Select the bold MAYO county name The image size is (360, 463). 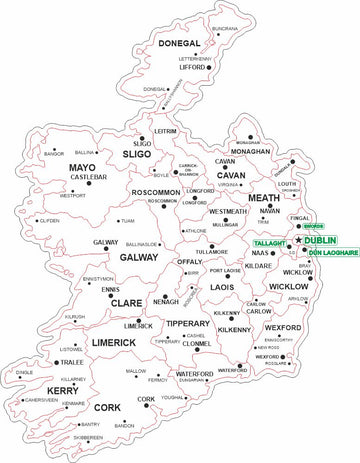82,167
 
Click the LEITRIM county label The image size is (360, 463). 166,131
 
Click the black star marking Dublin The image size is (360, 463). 298,241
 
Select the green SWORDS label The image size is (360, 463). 314,228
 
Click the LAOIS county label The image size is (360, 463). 223,287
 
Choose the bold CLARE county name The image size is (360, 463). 126,302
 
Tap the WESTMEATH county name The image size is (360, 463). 229,212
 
